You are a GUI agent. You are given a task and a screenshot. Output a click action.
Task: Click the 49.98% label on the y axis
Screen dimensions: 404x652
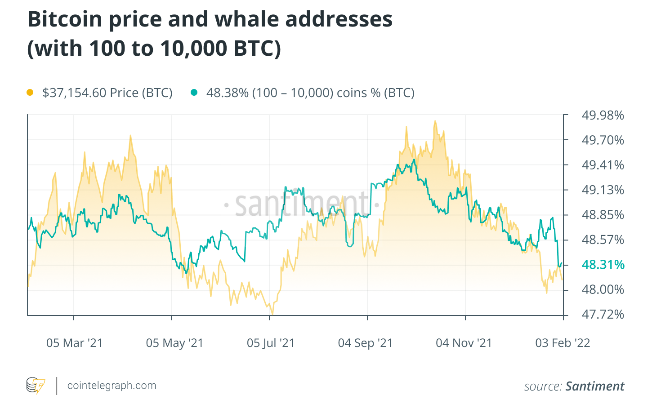coord(603,115)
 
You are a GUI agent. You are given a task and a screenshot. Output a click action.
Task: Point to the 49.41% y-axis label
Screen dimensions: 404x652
coord(603,165)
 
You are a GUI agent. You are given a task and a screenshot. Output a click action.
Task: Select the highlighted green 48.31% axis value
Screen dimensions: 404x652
coord(603,264)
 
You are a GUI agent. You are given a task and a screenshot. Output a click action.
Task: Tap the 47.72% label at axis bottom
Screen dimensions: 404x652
coord(603,314)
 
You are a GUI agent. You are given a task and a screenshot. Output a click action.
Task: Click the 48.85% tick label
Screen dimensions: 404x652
coord(603,215)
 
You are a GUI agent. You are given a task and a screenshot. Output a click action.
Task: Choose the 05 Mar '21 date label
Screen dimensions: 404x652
coord(75,343)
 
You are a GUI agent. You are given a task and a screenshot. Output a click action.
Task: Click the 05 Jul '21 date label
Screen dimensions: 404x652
coord(270,343)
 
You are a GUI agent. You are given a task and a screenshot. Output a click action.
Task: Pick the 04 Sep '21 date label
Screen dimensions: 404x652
coord(365,343)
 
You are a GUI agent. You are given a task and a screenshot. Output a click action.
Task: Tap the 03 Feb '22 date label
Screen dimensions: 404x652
coord(562,343)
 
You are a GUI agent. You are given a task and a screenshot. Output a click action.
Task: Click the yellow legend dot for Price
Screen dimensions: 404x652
coord(30,93)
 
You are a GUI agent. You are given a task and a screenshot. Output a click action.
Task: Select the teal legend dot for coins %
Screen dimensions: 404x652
coord(194,93)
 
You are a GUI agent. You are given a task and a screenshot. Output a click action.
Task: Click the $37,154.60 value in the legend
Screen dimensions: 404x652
coord(74,93)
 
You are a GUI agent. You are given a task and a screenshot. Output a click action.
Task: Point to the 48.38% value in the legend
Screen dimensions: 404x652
coord(227,93)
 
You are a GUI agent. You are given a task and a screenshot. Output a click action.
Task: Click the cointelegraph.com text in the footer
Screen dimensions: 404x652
coord(112,386)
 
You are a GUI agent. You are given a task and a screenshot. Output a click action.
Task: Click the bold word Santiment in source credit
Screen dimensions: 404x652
coord(594,386)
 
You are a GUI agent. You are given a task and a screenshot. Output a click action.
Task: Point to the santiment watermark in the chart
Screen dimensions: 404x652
coord(301,204)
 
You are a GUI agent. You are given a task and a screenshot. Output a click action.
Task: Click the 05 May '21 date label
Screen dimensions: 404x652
coord(174,343)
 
